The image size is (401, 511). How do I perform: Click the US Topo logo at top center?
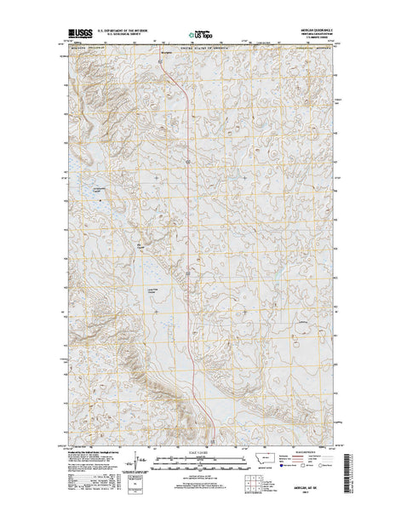point(199,35)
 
